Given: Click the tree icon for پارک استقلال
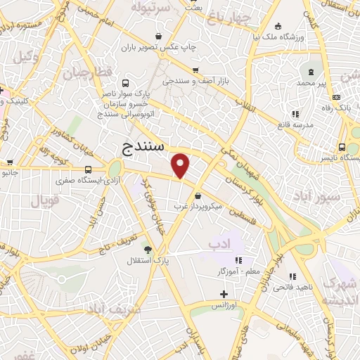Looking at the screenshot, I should click(x=147, y=249).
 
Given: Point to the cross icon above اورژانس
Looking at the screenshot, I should click(x=224, y=294).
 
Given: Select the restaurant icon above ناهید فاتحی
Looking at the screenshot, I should click(x=292, y=276).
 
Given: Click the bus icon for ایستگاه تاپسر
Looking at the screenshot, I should click(x=341, y=148).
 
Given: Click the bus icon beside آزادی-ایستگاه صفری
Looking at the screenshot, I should click(x=88, y=169).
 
